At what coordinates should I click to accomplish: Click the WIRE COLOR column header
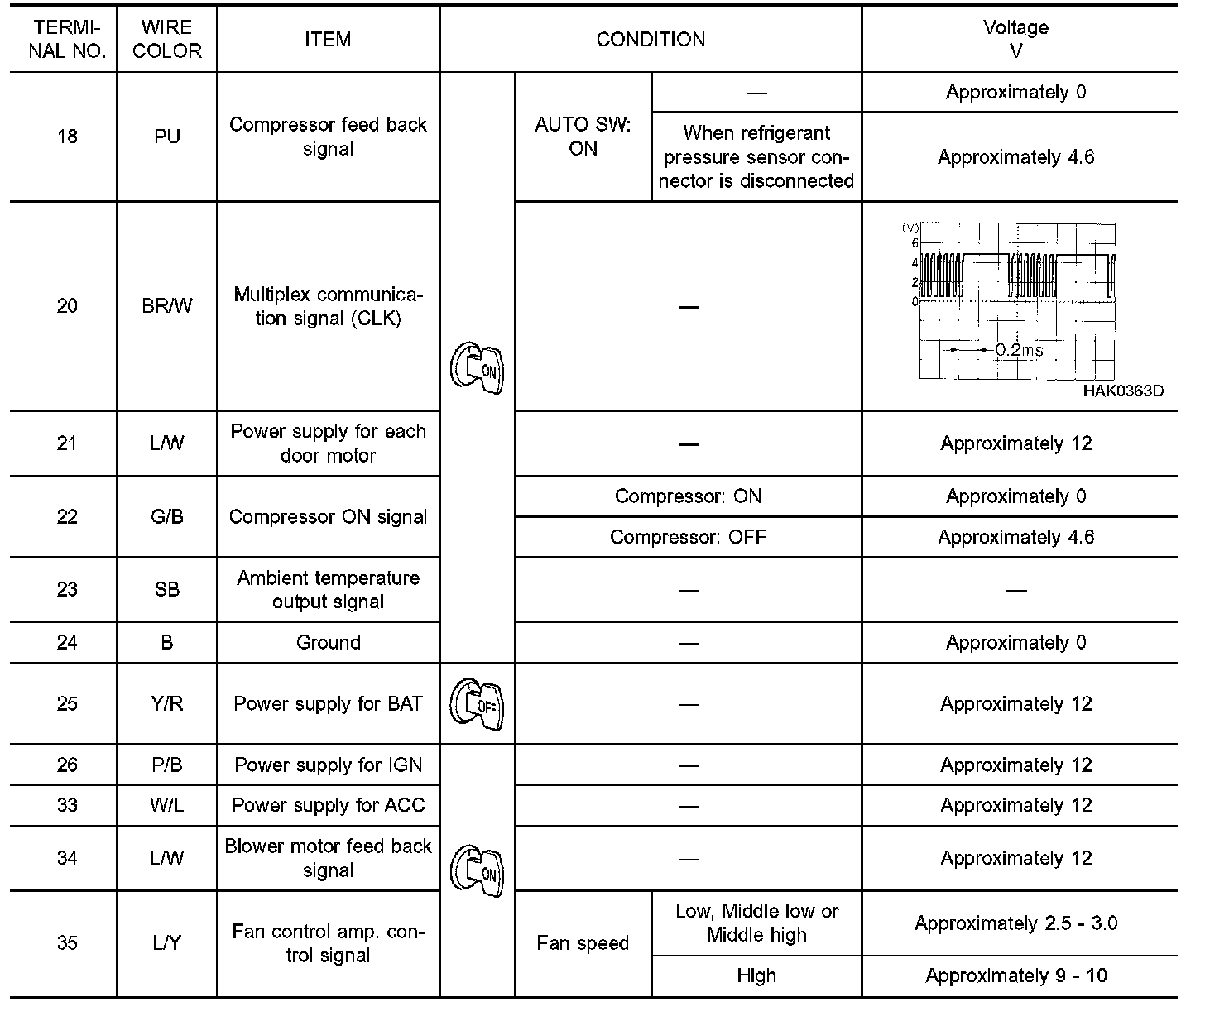click(166, 39)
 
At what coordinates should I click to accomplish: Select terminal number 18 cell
click(67, 137)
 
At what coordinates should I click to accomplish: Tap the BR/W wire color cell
click(166, 306)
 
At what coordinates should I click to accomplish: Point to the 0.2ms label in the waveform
click(1019, 350)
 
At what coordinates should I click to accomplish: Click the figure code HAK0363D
click(1123, 391)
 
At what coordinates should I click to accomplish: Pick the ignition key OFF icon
click(477, 703)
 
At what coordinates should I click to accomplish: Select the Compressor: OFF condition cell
click(688, 537)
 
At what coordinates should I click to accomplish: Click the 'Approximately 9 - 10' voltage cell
click(1016, 976)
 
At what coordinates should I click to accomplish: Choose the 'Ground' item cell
click(328, 643)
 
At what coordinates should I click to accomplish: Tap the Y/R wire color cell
click(166, 704)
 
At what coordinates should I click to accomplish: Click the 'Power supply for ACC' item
click(328, 805)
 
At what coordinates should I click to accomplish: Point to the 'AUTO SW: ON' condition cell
click(583, 137)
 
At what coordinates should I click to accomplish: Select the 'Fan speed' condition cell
click(583, 943)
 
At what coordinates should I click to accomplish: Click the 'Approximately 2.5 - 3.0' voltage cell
click(1016, 923)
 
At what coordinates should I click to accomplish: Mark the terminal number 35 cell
click(67, 943)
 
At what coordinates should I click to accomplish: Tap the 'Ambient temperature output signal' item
click(328, 590)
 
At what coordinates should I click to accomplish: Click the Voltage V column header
click(1016, 39)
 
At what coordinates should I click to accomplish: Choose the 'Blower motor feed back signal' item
click(328, 858)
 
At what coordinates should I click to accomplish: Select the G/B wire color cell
click(166, 517)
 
